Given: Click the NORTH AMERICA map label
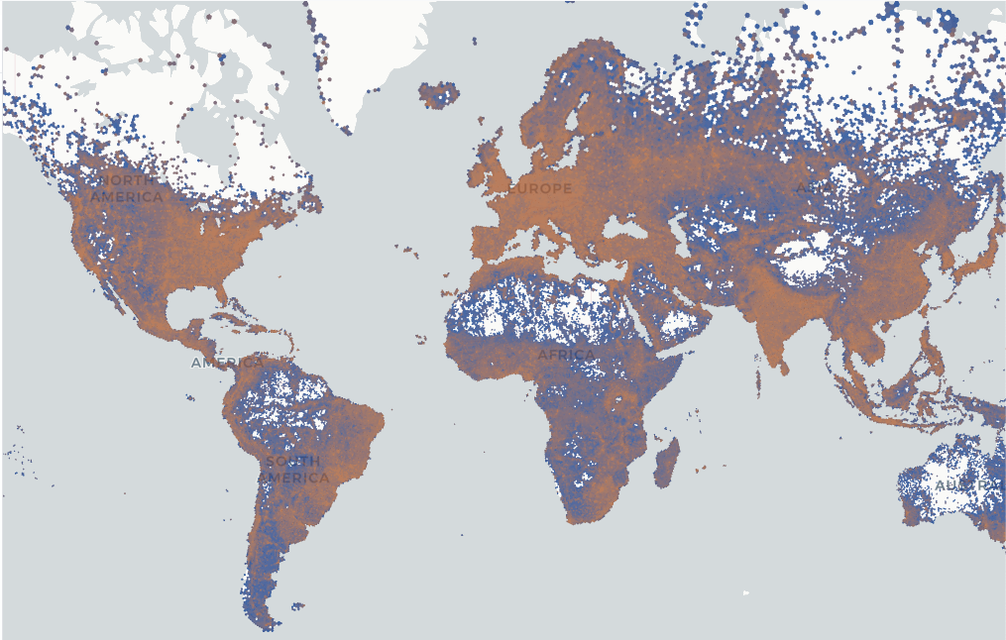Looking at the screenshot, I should click(x=126, y=188).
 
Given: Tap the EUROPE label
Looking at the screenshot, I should click(x=540, y=188).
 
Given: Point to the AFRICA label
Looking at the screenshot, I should click(x=566, y=355).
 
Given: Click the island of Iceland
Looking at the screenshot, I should click(x=439, y=95).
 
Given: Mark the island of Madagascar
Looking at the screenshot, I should click(x=667, y=464).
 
